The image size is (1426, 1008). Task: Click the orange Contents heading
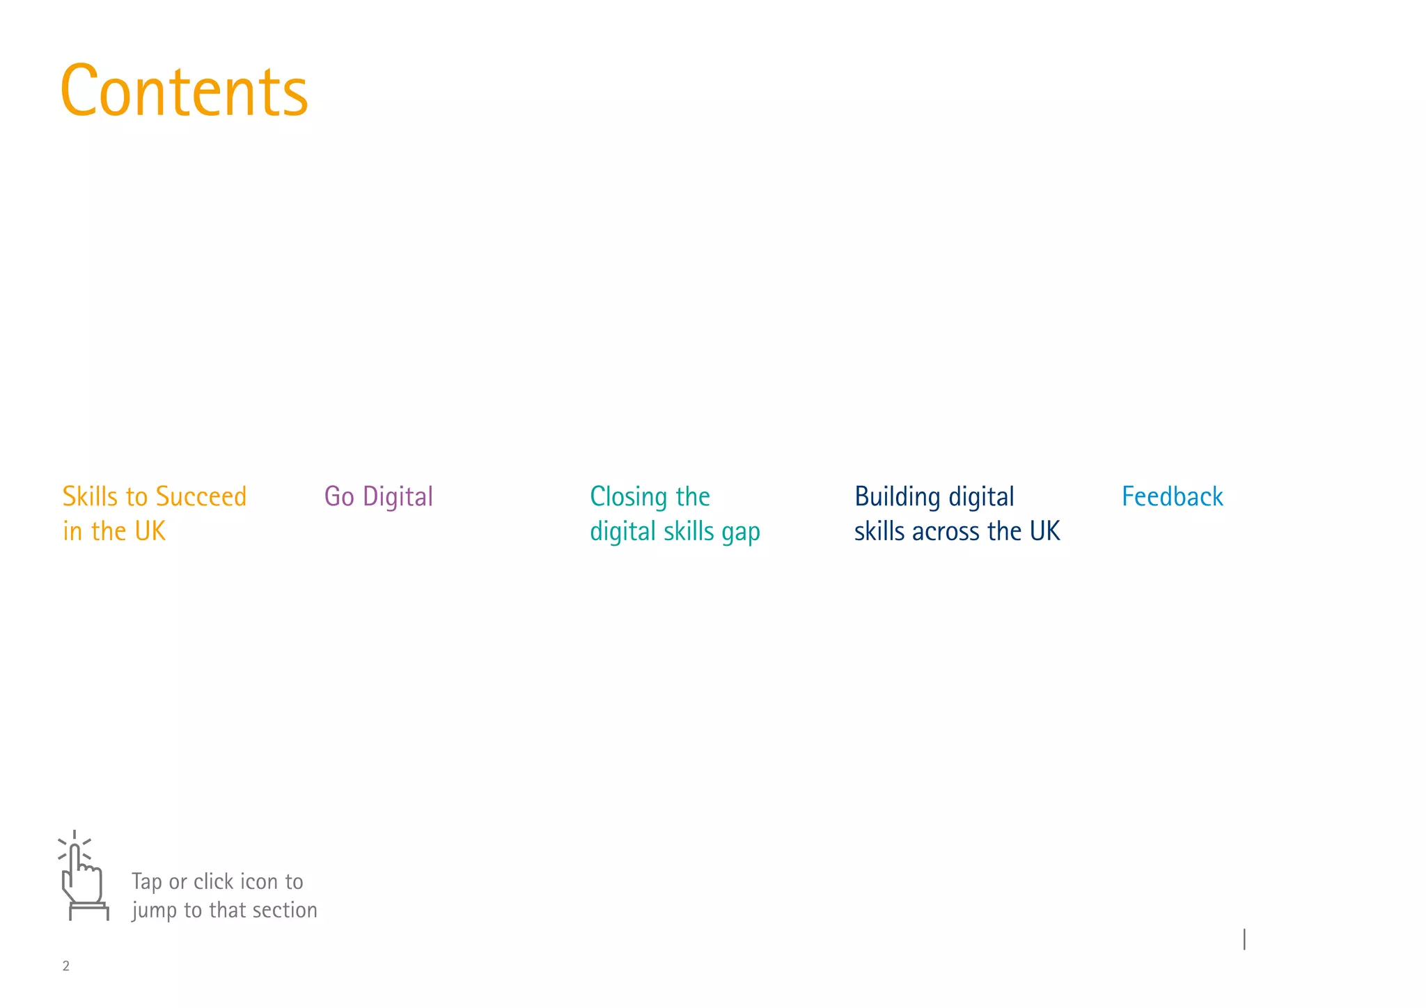coord(184,92)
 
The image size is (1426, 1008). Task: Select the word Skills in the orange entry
coord(90,497)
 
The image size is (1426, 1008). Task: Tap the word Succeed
coord(201,497)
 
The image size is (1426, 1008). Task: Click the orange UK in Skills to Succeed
coord(150,532)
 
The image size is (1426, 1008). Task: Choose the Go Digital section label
coord(378,497)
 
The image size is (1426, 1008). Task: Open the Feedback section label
coord(1172,497)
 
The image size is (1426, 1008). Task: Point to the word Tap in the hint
coord(147,882)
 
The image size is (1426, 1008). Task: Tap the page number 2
coord(66,966)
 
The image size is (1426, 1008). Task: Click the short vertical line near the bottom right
coord(1244,939)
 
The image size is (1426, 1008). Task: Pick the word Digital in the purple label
coord(398,497)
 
